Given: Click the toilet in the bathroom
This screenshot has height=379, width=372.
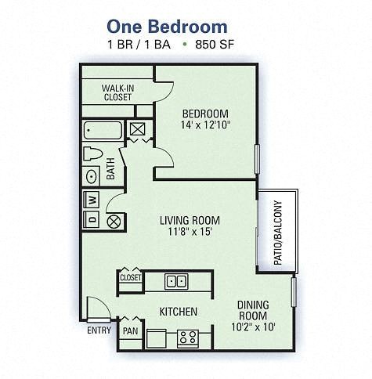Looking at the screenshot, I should (x=93, y=153).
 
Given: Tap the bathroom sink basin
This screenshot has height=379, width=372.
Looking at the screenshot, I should (x=92, y=175).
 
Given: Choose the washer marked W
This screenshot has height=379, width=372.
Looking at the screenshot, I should (x=92, y=199).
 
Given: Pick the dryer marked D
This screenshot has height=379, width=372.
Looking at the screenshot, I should (x=92, y=220).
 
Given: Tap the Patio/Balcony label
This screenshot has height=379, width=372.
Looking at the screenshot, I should (x=276, y=232).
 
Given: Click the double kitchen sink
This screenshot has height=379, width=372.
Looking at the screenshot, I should (x=176, y=280).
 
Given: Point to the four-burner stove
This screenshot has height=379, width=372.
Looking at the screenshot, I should (x=187, y=338).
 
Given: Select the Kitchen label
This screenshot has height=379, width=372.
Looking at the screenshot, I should (x=178, y=312).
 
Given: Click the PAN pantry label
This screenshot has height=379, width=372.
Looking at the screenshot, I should (x=130, y=331).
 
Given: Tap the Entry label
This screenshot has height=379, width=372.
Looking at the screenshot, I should (x=99, y=330).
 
